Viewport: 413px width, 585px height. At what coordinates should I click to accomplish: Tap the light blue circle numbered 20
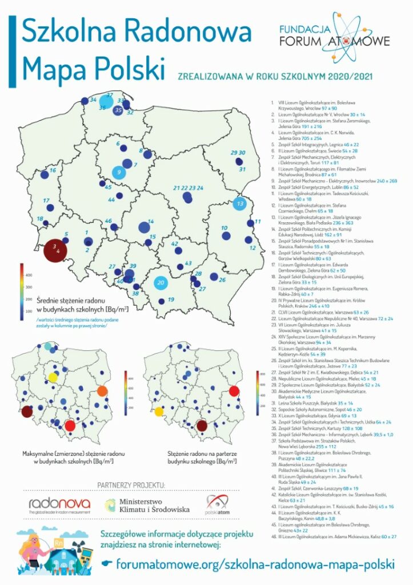click(x=161, y=282)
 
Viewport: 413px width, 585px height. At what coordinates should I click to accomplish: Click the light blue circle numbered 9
click(x=119, y=171)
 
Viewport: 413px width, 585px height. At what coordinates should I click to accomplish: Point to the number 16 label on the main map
click(x=53, y=170)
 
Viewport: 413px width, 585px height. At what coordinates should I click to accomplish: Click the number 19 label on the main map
click(x=171, y=300)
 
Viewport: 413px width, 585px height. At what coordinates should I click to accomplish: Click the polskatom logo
click(x=217, y=505)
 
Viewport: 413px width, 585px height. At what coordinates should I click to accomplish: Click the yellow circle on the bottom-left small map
click(x=53, y=377)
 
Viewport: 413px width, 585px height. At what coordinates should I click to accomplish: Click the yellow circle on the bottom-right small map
click(x=159, y=411)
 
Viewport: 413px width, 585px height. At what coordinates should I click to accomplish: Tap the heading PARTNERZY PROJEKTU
click(x=131, y=485)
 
